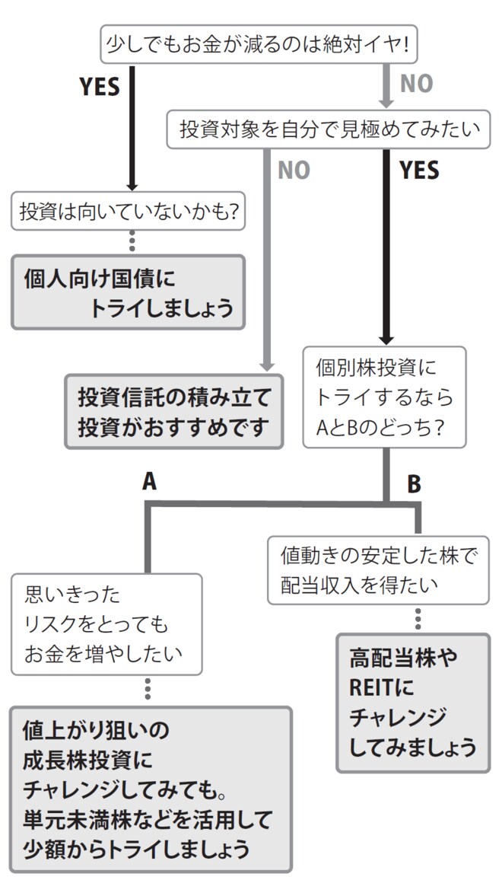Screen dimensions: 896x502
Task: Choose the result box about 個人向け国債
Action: coord(128,292)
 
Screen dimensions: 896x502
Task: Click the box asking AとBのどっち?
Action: coord(385,396)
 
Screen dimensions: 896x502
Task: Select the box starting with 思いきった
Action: coord(106,623)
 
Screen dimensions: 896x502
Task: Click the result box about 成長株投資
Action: coord(151,788)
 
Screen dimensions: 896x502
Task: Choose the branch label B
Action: coord(413,483)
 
